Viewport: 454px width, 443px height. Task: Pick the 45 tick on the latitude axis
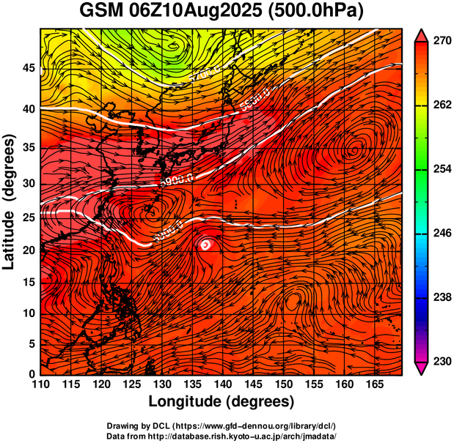tap(29, 68)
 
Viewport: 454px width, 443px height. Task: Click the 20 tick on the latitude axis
tap(29, 250)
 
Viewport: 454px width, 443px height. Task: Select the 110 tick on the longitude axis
tap(40, 385)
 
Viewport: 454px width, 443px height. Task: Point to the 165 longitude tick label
tap(373, 385)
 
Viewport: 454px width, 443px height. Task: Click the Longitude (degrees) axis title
tap(221, 401)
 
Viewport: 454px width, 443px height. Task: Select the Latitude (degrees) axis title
tap(10, 201)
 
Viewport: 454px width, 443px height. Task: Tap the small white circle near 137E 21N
tap(206, 245)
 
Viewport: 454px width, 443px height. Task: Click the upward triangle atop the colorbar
tap(422, 35)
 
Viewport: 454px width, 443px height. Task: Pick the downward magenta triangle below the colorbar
tap(422, 368)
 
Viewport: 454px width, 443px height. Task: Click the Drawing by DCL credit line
tap(221, 425)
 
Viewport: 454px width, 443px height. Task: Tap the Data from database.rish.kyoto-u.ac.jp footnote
tap(221, 436)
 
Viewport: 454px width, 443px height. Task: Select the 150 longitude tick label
tap(282, 385)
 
